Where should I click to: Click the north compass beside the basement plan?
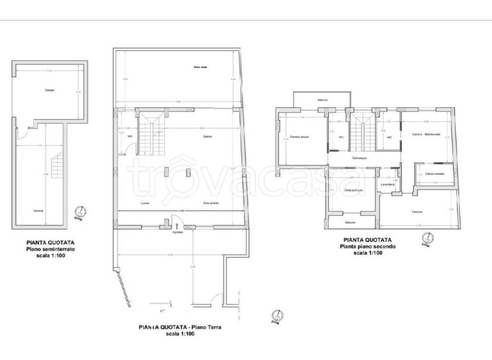(x=81, y=212)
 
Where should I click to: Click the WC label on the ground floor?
(x=130, y=136)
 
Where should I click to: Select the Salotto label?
(x=208, y=137)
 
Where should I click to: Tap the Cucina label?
(x=145, y=203)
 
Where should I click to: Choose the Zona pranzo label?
(x=211, y=203)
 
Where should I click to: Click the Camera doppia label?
(x=299, y=137)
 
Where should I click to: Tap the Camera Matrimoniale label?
(x=426, y=134)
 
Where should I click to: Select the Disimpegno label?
(x=360, y=157)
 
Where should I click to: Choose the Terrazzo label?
(x=417, y=212)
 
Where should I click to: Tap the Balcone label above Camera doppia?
(x=322, y=100)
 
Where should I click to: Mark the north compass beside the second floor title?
(x=425, y=239)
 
